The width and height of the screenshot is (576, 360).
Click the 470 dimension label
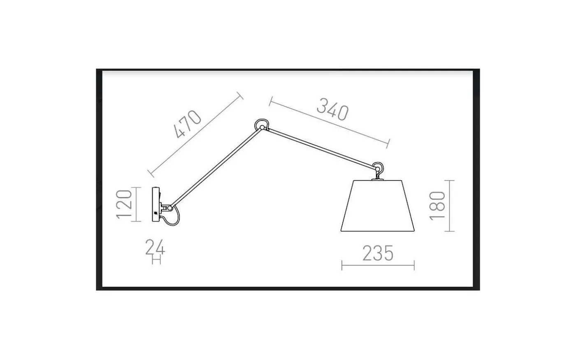click(188, 125)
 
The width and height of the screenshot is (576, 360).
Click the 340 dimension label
click(332, 110)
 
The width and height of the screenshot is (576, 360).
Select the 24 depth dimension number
click(155, 248)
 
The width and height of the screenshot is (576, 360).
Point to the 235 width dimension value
click(378, 253)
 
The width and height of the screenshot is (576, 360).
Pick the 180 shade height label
click(437, 206)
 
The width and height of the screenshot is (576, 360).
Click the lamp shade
click(378, 206)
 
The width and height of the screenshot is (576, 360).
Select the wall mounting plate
click(156, 204)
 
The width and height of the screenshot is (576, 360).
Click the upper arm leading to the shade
click(321, 148)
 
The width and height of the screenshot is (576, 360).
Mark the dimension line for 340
click(329, 122)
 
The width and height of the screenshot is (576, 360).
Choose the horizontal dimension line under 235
click(378, 266)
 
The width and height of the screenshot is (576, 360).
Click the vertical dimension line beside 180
click(450, 206)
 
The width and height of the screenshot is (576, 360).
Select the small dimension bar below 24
click(156, 260)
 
